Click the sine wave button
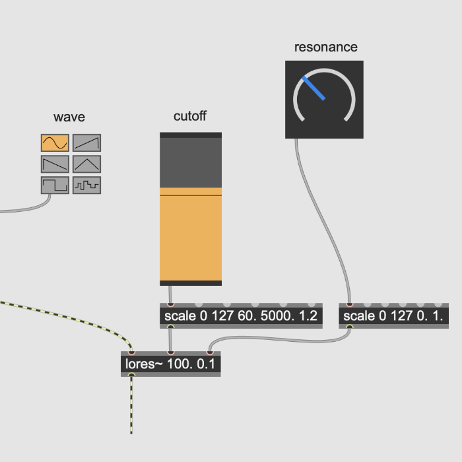pos(55,143)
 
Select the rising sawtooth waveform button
pos(87,143)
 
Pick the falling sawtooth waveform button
pos(55,164)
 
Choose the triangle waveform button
pos(87,164)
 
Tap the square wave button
pos(55,185)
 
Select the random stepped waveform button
pos(87,185)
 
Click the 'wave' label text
pos(69,117)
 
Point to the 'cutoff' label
pos(190,116)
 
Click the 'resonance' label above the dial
pos(326,47)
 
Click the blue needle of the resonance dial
pos(313,88)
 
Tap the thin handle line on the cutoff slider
pos(191,195)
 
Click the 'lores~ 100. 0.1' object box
pos(171,364)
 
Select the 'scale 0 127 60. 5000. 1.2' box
pos(241,315)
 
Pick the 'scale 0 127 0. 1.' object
pos(393,315)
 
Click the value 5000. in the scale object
pos(278,316)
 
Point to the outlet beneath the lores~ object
pos(131,375)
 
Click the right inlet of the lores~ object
pos(210,352)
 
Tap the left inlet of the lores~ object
pos(131,352)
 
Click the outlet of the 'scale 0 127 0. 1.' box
pos(349,327)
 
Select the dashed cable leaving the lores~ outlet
pos(131,405)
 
